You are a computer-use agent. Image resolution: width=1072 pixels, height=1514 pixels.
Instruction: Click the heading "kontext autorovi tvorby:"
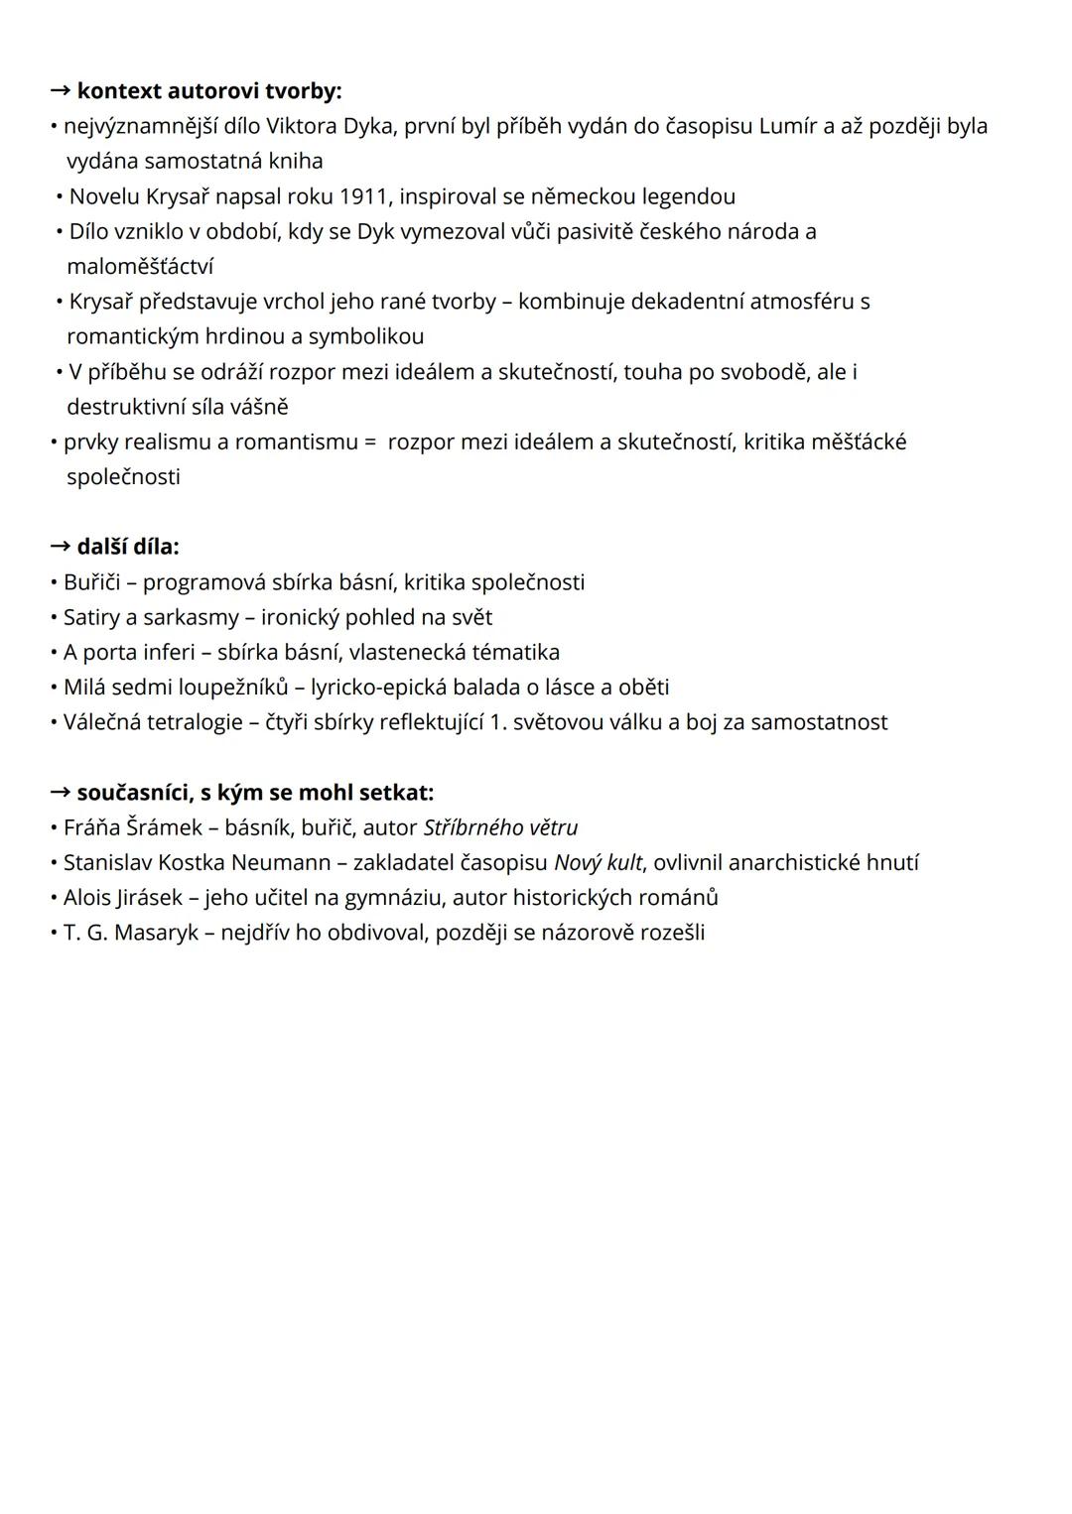pos(208,91)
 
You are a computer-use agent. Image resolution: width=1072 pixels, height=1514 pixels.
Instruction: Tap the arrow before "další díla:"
pos(61,547)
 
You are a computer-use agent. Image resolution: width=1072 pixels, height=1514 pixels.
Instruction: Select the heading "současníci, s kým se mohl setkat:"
pos(255,793)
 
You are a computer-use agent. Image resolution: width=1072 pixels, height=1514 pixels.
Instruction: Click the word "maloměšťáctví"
pos(140,267)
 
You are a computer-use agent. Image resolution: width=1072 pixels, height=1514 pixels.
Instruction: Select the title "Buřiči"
pos(91,582)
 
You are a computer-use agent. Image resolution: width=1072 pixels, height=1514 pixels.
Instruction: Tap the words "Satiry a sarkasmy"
pos(151,617)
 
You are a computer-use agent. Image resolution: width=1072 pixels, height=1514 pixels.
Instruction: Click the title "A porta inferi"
pos(129,653)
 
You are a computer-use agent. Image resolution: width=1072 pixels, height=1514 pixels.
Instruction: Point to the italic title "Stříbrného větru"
pos(500,827)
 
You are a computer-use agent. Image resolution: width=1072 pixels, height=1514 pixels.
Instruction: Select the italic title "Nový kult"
pos(598,863)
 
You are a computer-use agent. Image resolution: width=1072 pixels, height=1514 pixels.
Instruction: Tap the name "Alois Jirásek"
pos(123,898)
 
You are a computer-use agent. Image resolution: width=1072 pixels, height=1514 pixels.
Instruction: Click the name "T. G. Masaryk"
pos(131,933)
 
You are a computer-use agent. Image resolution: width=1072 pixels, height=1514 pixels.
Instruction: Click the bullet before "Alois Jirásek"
pos(54,898)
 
